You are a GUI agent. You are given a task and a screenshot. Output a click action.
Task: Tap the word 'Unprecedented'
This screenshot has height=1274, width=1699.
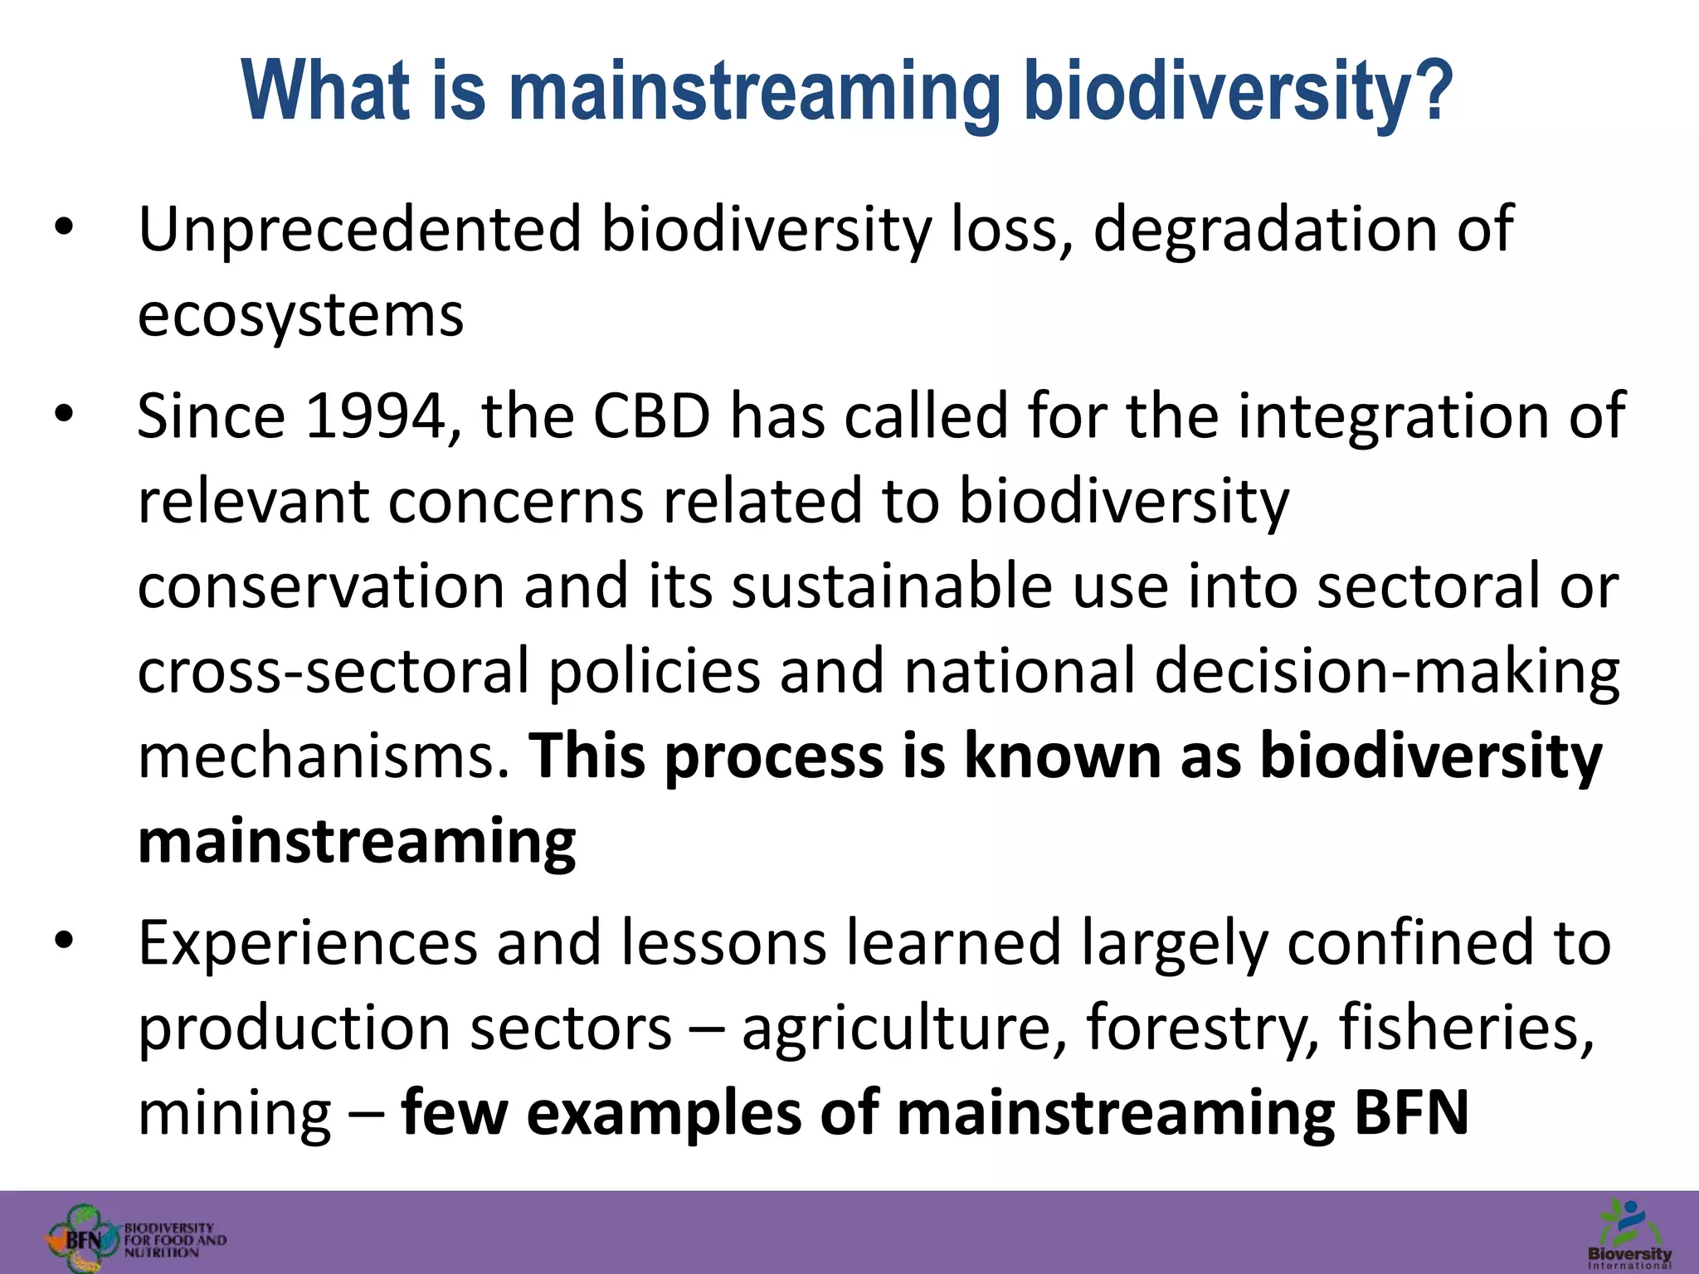[359, 230]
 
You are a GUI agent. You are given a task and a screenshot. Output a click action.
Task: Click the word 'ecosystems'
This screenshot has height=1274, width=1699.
[300, 317]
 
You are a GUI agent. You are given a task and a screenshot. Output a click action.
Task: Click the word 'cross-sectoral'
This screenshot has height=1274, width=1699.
[333, 672]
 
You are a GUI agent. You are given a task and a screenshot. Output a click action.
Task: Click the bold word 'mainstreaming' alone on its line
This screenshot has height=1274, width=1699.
[357, 842]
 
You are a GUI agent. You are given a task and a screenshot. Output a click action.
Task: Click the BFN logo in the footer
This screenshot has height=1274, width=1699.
[133, 1238]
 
